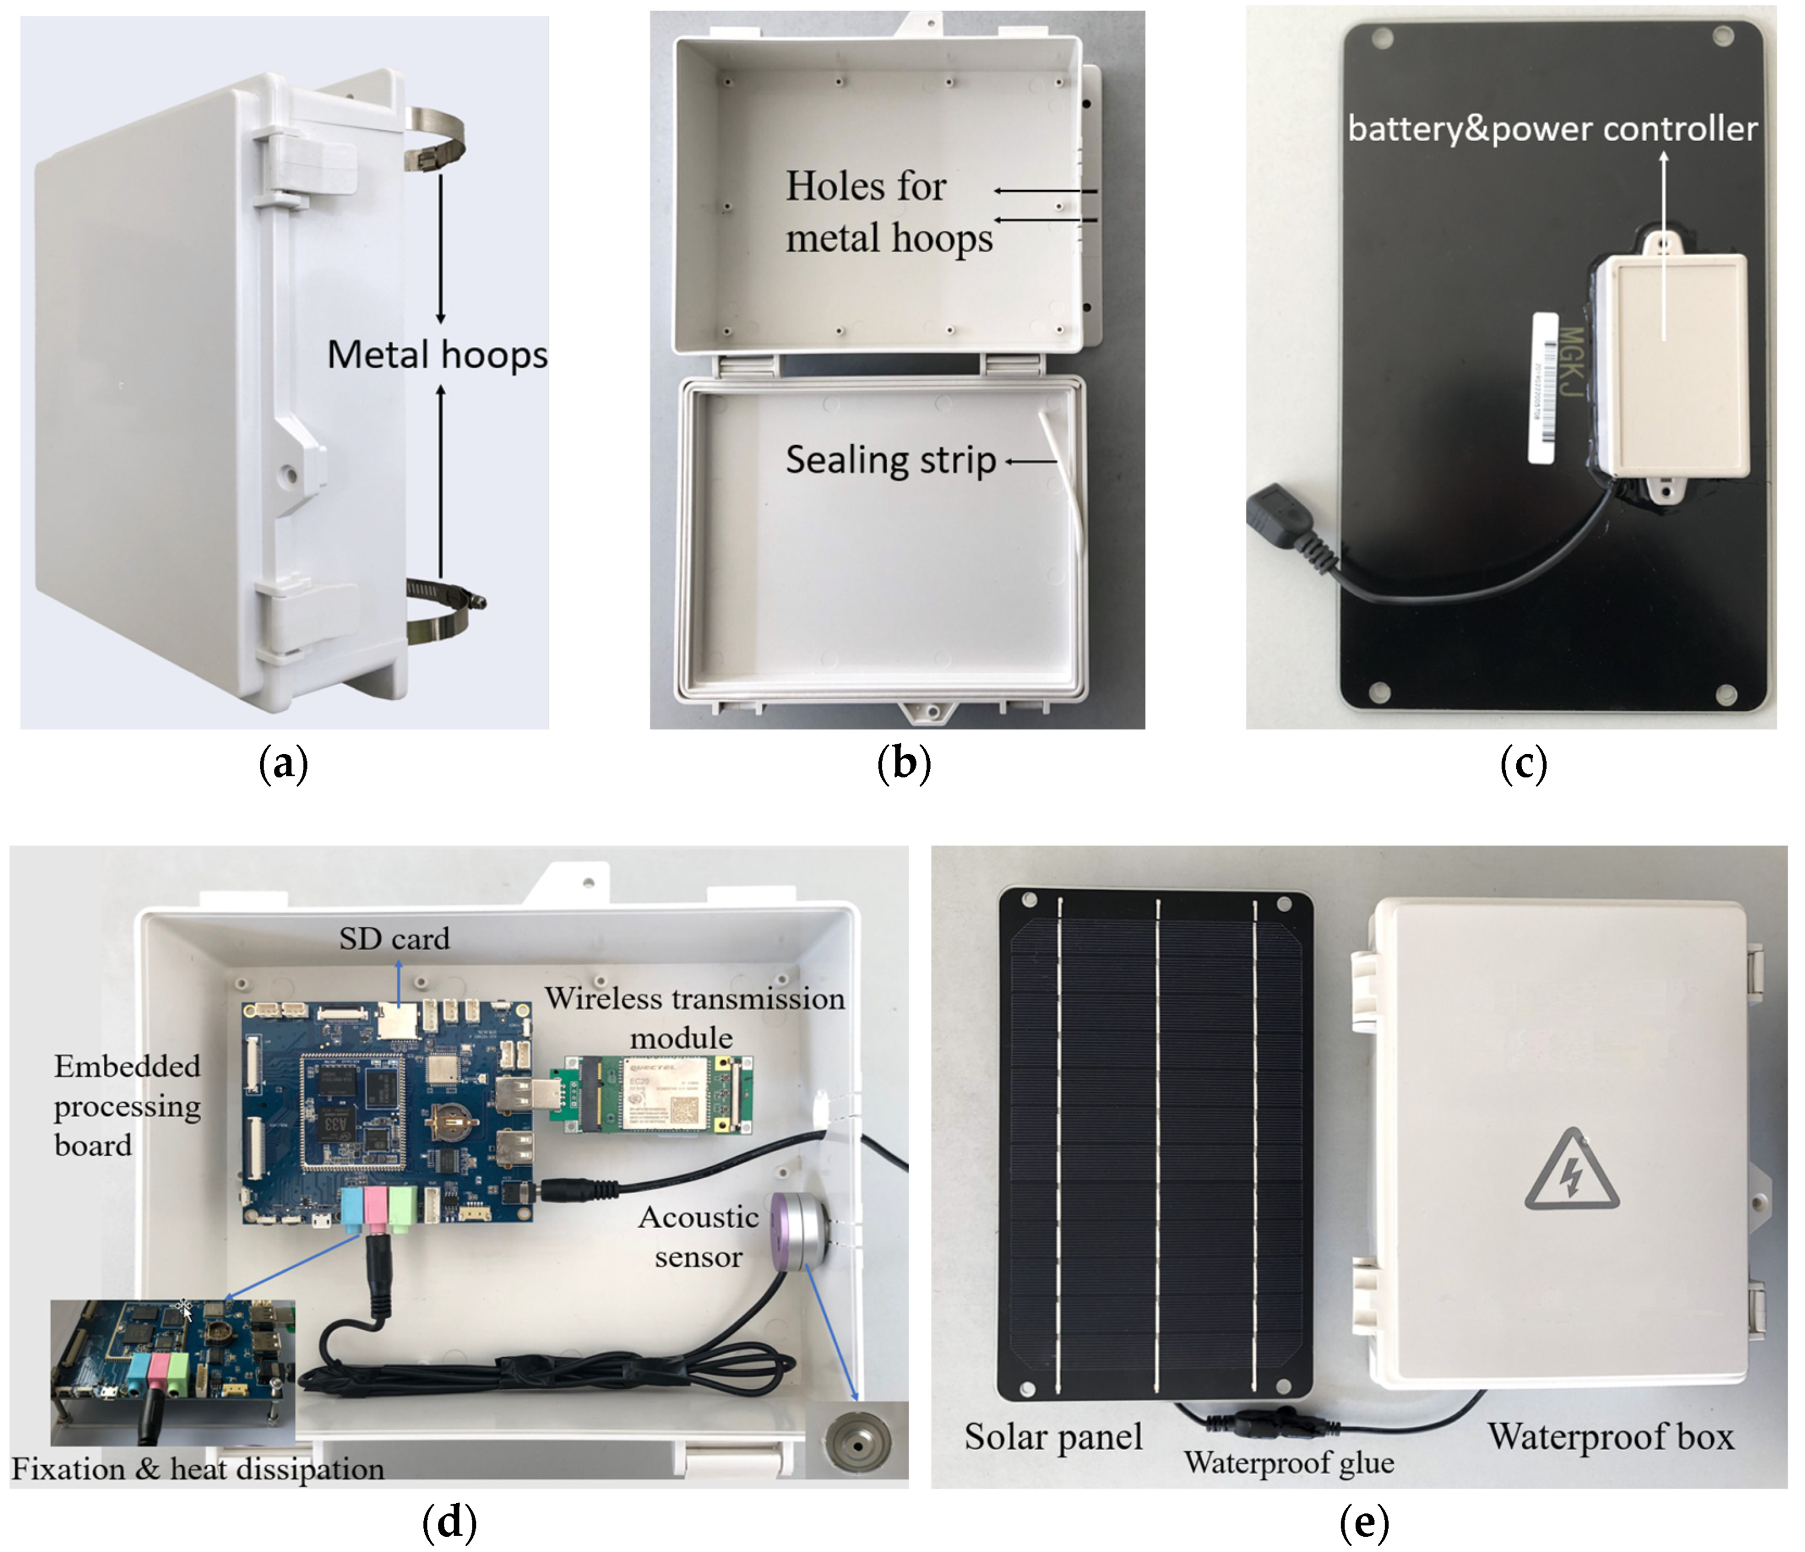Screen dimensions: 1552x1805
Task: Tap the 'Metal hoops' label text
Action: click(x=437, y=355)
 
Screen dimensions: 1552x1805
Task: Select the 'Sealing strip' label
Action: click(x=890, y=460)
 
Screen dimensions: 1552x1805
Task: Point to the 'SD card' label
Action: click(x=394, y=939)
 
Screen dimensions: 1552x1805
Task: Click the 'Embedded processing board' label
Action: click(x=127, y=1105)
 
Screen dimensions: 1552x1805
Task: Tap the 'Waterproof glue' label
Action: click(x=1288, y=1462)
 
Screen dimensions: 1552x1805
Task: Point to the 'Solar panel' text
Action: click(x=1053, y=1437)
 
